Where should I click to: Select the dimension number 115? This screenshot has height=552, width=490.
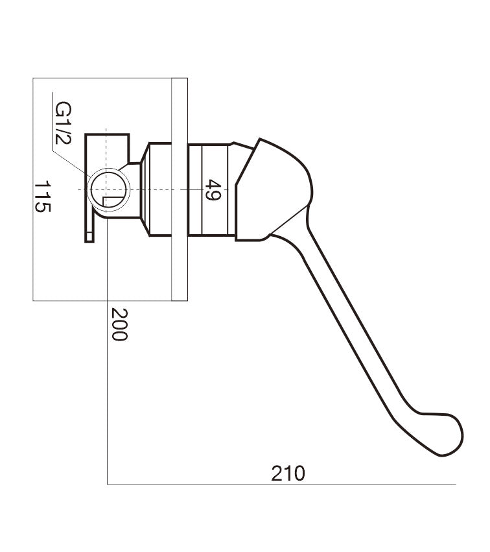point(43,197)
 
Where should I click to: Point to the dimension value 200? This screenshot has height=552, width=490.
point(119,324)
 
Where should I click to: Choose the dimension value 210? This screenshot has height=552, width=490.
point(288,474)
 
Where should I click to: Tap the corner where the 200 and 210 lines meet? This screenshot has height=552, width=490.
point(107,484)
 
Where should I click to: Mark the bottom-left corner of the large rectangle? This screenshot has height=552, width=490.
point(33,301)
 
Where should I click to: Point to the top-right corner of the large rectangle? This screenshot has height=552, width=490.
point(187,78)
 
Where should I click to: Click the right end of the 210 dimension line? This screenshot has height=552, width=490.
point(456,484)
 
